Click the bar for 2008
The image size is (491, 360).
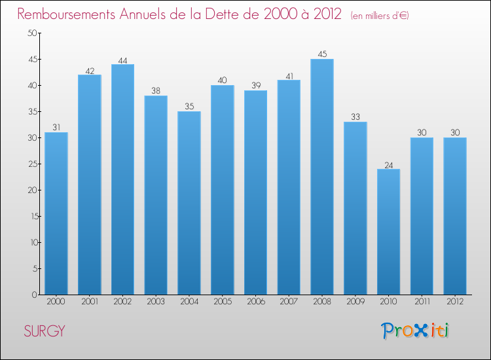click(x=322, y=177)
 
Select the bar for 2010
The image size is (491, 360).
click(x=388, y=232)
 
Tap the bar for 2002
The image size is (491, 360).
click(x=122, y=179)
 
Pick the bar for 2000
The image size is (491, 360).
click(x=56, y=213)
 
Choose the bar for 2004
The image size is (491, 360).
click(x=189, y=203)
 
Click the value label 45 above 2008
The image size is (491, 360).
click(x=322, y=54)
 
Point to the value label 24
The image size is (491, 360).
click(x=388, y=164)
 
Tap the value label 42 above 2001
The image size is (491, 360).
click(x=90, y=70)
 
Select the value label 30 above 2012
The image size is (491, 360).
click(x=454, y=133)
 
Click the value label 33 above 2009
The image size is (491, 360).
click(x=355, y=117)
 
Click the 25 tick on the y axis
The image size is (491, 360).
click(x=31, y=164)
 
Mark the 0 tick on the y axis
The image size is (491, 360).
click(x=33, y=295)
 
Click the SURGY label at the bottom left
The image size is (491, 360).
click(x=45, y=331)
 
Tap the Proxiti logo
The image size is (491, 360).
click(x=415, y=331)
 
